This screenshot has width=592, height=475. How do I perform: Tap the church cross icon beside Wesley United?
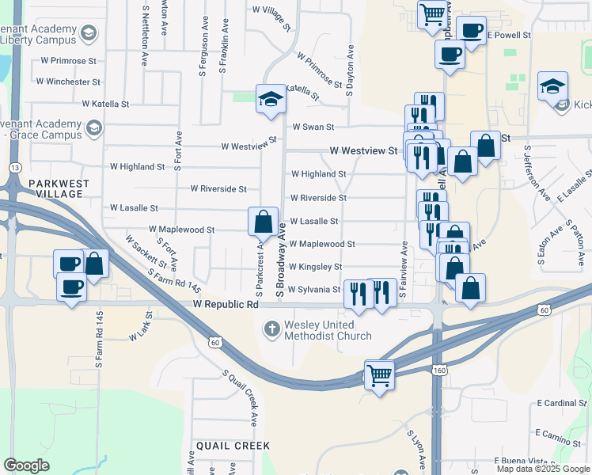[272, 329]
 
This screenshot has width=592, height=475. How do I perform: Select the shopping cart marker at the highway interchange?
[379, 374]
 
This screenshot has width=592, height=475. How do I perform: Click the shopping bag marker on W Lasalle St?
[263, 221]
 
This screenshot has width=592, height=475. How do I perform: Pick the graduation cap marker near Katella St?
[271, 99]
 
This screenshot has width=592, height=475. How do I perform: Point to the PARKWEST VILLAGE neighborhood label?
[59, 188]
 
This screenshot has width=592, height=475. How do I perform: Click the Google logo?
[26, 465]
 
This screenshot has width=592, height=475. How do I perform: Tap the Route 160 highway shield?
[438, 370]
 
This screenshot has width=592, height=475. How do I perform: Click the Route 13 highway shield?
[15, 168]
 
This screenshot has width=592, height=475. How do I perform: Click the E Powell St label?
[508, 36]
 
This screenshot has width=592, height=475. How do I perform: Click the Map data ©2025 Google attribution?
[544, 469]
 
